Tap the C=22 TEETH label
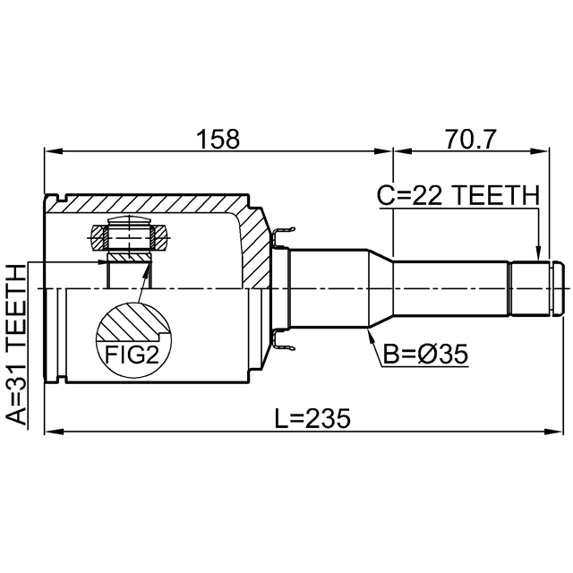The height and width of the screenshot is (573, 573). click(458, 195)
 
